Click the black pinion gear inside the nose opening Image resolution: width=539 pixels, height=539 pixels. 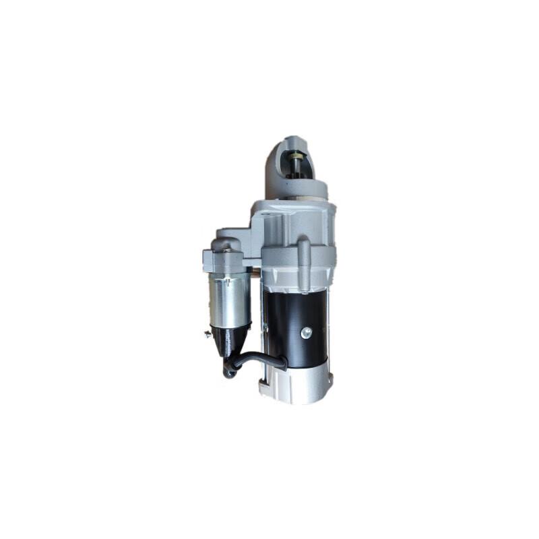[295, 177]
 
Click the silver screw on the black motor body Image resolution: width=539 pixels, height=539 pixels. [306, 331]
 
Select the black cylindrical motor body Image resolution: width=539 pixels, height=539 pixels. [296, 323]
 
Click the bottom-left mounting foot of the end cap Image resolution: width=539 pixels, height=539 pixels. [265, 387]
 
